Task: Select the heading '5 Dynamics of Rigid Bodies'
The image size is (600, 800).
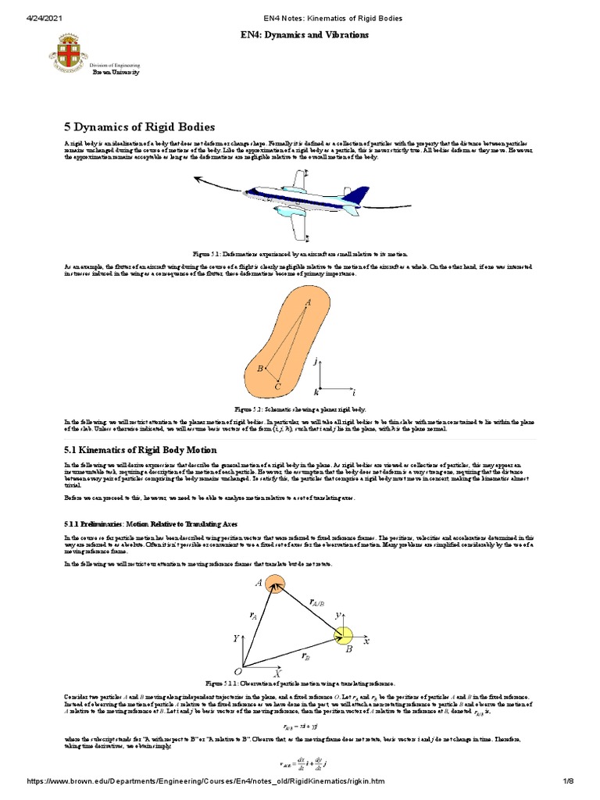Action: tap(138, 127)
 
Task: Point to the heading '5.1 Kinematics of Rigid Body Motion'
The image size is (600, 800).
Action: tap(139, 450)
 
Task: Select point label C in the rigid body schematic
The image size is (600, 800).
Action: tap(277, 386)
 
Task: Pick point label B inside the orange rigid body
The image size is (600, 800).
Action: tap(260, 368)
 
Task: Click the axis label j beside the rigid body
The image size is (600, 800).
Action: tap(315, 362)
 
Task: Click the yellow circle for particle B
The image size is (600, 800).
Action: tap(344, 637)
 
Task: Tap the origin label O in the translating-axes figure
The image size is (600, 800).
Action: tap(237, 670)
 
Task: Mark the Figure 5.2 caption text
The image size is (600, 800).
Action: tap(299, 409)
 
